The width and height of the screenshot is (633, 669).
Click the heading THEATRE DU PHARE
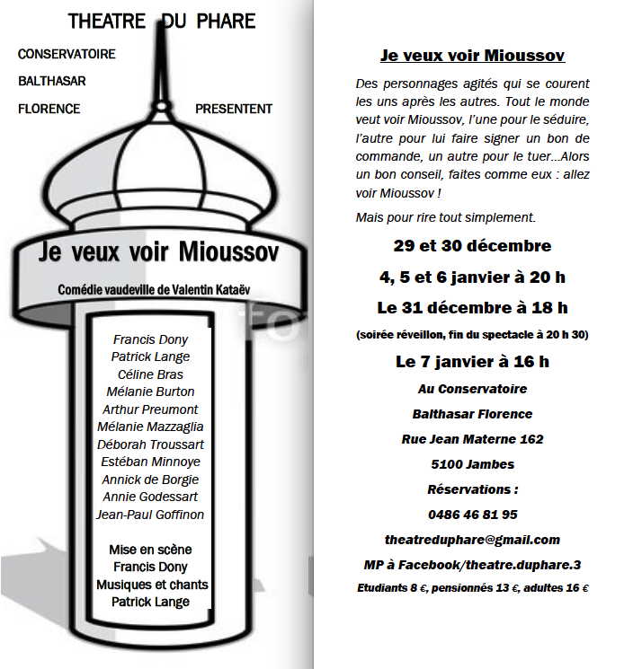162,21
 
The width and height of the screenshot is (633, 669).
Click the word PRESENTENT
233,109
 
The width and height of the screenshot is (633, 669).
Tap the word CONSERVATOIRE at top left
67,54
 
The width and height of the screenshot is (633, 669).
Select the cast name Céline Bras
150,374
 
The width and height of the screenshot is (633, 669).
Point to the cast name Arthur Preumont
150,409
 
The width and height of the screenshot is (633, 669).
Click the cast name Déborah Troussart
150,445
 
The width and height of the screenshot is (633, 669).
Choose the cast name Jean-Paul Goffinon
150,515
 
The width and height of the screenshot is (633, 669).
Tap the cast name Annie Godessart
150,497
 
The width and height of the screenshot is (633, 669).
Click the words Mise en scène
150,550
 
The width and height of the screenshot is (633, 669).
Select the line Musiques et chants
152,585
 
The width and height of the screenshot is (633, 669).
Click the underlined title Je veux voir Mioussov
472,56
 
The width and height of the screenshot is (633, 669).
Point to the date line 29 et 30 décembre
472,246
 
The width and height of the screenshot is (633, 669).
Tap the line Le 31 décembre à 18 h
472,308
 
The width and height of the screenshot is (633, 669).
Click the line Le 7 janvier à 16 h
472,363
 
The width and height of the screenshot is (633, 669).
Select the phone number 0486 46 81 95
472,515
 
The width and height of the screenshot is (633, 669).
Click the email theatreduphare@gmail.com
472,540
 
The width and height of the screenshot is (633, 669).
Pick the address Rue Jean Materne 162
472,439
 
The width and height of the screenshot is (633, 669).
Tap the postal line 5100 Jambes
472,464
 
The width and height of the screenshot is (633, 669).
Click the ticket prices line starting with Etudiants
472,589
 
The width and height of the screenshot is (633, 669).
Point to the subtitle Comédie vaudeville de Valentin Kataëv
151,290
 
